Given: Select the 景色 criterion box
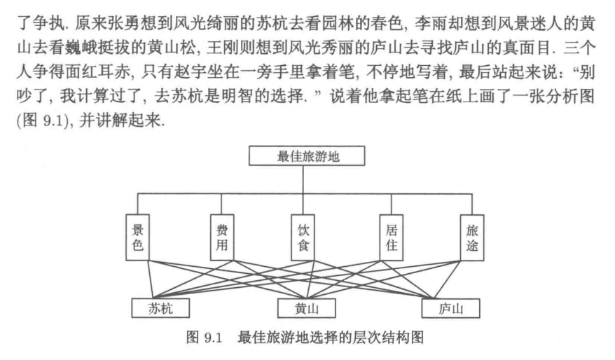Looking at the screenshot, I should coord(138,237).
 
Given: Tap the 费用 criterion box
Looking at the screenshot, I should coord(222,237).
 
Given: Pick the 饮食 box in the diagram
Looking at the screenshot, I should coord(307,237).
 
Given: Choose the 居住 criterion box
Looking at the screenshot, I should coord(391,237).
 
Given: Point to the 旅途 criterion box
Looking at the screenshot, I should coord(474,237).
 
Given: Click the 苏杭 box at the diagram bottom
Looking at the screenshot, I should coord(160,307).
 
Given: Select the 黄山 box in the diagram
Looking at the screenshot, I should coord(307,307).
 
